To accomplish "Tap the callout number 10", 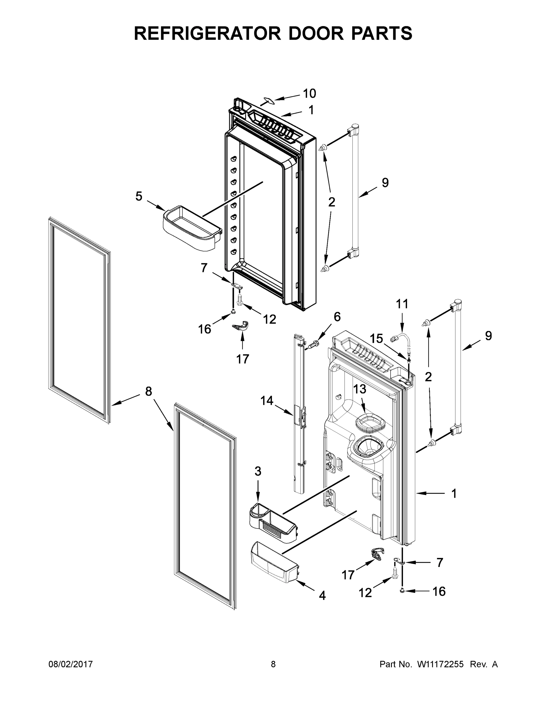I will pyautogui.click(x=309, y=94).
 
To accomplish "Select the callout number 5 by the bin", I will pyautogui.click(x=139, y=196).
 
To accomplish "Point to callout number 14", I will pyautogui.click(x=267, y=401).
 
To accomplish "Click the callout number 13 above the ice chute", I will pyautogui.click(x=359, y=389).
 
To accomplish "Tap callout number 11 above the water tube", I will pyautogui.click(x=402, y=304).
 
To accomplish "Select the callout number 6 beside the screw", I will pyautogui.click(x=337, y=317).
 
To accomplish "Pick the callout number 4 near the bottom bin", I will pyautogui.click(x=322, y=595).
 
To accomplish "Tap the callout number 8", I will pyautogui.click(x=148, y=392).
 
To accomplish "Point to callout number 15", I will pyautogui.click(x=376, y=339).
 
